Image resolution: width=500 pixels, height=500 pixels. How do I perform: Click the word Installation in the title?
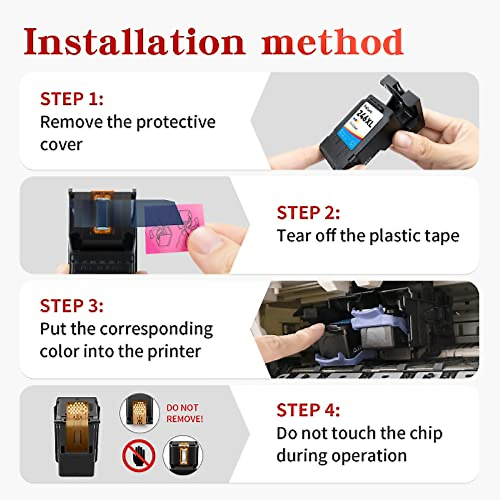(134, 42)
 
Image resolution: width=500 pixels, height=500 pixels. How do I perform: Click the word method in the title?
(332, 42)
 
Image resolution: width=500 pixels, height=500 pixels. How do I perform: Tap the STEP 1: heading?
(72, 99)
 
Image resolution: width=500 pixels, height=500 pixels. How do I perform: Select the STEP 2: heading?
(308, 213)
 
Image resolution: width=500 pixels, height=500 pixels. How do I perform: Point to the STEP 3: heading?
(72, 306)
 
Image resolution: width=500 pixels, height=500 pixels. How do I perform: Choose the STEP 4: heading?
(308, 410)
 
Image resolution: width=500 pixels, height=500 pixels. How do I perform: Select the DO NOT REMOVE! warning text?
(185, 413)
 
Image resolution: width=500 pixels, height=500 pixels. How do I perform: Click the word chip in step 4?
(425, 433)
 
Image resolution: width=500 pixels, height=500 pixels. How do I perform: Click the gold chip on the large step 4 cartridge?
(77, 417)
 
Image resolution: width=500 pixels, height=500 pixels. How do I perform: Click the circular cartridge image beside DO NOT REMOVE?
(140, 412)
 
